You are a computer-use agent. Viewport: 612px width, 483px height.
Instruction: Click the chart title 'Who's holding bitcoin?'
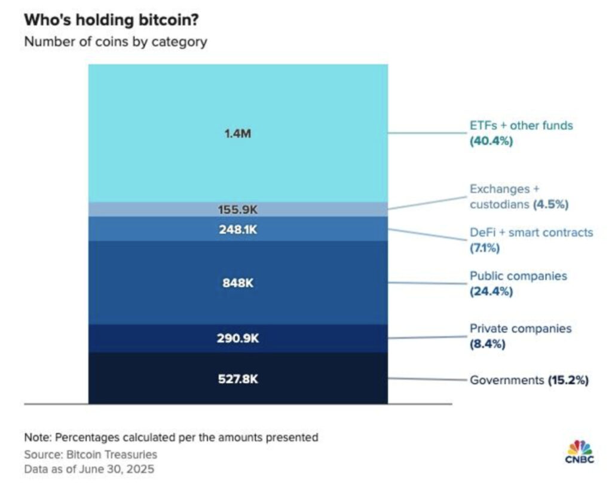pos(111,20)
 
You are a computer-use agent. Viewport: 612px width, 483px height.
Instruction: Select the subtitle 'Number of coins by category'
pos(115,42)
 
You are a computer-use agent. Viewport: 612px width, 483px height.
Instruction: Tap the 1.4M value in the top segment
pos(238,133)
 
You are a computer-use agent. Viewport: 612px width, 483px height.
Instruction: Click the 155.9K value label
pos(238,210)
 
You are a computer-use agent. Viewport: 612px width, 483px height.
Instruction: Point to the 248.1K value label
pos(238,230)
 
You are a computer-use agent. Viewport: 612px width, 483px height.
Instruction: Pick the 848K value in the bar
pos(238,283)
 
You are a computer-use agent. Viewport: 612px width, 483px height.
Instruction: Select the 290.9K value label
pos(238,338)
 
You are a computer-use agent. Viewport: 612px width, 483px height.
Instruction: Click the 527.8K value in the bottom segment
pos(238,379)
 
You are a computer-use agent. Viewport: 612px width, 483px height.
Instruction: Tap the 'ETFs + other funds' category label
pos(521,126)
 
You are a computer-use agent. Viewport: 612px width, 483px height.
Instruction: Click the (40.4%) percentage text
pos(491,142)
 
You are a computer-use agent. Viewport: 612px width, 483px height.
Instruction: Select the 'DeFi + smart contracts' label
pos(531,232)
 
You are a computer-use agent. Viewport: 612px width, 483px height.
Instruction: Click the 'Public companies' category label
pos(518,276)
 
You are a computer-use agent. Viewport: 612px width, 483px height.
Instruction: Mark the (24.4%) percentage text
pos(491,292)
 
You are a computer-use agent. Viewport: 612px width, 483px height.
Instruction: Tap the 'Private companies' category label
pos(521,328)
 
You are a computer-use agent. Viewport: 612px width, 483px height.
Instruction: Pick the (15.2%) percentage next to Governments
pos(568,380)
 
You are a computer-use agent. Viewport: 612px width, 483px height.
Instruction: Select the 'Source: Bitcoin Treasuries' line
pos(91,454)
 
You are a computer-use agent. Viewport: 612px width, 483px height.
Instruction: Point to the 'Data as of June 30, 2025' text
pos(89,469)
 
